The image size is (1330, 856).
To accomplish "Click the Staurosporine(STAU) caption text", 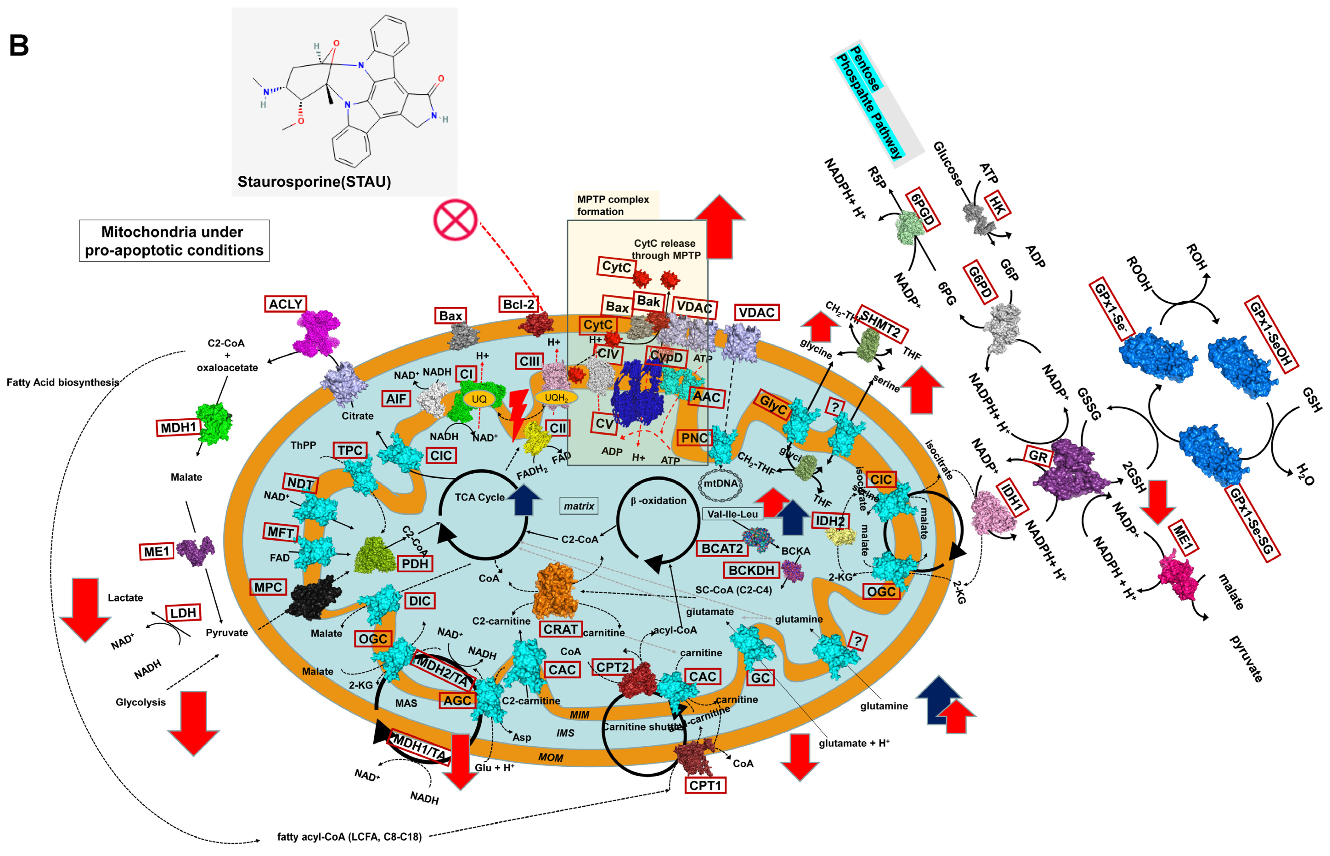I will [314, 182].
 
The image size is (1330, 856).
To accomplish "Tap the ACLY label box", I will [285, 304].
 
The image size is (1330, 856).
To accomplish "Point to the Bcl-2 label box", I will [518, 304].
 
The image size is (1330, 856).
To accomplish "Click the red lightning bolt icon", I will [518, 414].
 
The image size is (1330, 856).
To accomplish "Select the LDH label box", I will [183, 613].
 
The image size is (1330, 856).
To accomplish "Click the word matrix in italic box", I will [579, 506].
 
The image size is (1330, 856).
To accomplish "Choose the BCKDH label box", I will [751, 570].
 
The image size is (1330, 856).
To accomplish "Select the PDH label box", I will [415, 564].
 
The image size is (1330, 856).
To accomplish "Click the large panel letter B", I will [19, 46].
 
